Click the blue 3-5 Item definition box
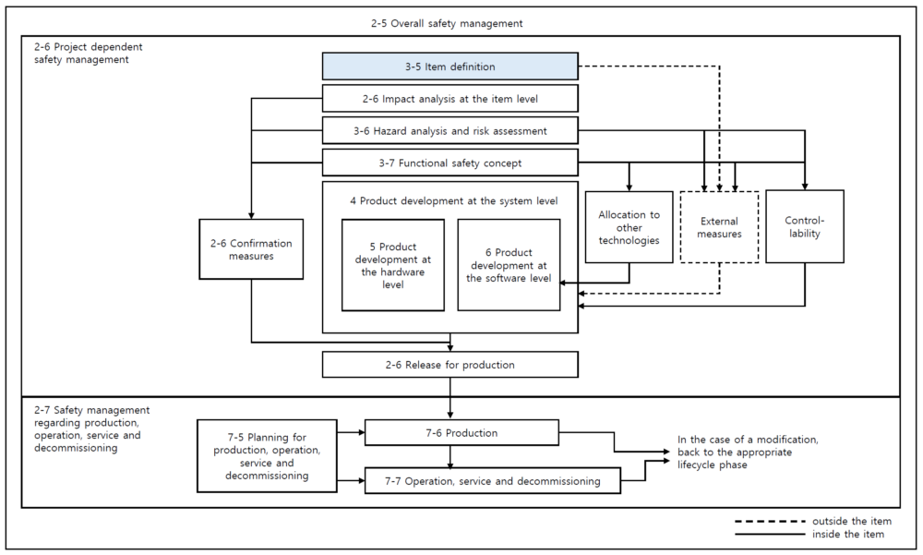point(450,66)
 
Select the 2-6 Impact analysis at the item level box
point(450,99)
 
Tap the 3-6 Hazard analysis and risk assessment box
point(450,130)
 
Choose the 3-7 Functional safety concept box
point(450,163)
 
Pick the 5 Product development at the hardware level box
point(392,265)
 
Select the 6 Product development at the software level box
point(509,265)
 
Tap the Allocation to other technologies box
point(629,227)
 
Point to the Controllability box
point(805,227)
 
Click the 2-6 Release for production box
point(450,365)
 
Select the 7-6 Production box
point(461,432)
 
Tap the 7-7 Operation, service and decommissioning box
point(493,480)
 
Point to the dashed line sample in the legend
point(769,522)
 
